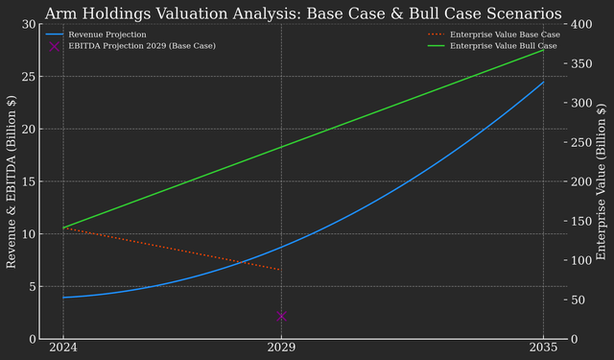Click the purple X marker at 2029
point(281,316)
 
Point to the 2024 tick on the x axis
point(63,348)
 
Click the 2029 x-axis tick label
point(281,348)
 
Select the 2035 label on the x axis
point(543,348)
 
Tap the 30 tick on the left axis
point(30,25)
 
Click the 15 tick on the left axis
point(30,181)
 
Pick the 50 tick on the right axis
point(574,300)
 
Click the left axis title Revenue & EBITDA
point(12,181)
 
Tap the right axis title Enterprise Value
point(602,181)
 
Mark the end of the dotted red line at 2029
point(281,270)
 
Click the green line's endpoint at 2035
point(543,49)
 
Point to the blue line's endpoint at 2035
point(543,83)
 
